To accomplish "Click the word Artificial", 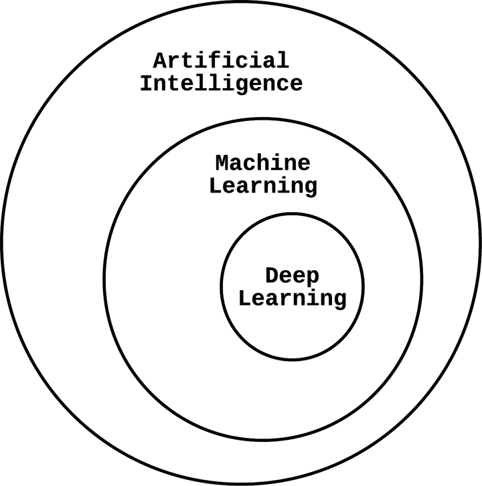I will (x=221, y=60).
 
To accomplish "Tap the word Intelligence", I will (x=221, y=84).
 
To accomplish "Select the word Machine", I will (x=263, y=162).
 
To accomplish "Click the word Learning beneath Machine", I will (x=263, y=185).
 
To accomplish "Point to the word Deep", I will (x=293, y=275).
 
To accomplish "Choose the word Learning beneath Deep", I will (x=293, y=298).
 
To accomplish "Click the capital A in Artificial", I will (x=161, y=60).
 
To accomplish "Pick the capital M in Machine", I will (x=223, y=162).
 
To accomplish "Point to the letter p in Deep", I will (x=313, y=277).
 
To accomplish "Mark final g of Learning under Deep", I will (x=340, y=300).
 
